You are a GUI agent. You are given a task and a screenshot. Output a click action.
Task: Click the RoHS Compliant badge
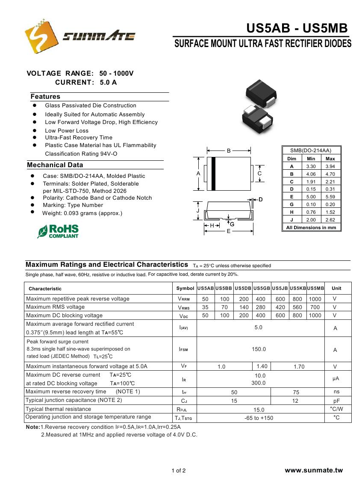[58, 231]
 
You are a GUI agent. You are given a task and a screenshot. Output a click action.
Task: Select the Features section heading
[45, 97]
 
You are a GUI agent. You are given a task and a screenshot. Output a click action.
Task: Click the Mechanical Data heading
[55, 165]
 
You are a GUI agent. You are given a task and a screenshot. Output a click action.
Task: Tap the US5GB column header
[262, 288]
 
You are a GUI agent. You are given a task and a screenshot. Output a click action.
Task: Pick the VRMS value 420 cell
[280, 307]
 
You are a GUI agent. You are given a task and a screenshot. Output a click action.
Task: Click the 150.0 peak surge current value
[259, 349]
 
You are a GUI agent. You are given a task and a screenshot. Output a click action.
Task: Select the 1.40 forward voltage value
[262, 366]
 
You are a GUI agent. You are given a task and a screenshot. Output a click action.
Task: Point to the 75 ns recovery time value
[296, 392]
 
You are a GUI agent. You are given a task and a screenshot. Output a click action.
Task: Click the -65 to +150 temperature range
[259, 418]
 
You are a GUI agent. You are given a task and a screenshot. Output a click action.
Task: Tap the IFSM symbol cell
[183, 349]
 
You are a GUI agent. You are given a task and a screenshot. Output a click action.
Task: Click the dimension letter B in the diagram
[229, 151]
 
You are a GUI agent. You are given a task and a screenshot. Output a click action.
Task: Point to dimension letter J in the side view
[198, 211]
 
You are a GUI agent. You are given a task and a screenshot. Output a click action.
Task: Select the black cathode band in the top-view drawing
[214, 174]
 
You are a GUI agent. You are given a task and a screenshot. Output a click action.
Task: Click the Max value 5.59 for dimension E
[330, 197]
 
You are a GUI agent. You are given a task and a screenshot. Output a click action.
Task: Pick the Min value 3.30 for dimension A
[311, 166]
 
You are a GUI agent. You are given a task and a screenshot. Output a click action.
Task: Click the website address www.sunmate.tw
[314, 470]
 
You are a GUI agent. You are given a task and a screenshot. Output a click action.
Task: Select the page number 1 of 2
[179, 471]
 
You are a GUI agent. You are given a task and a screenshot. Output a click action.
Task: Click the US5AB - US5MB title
[297, 28]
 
